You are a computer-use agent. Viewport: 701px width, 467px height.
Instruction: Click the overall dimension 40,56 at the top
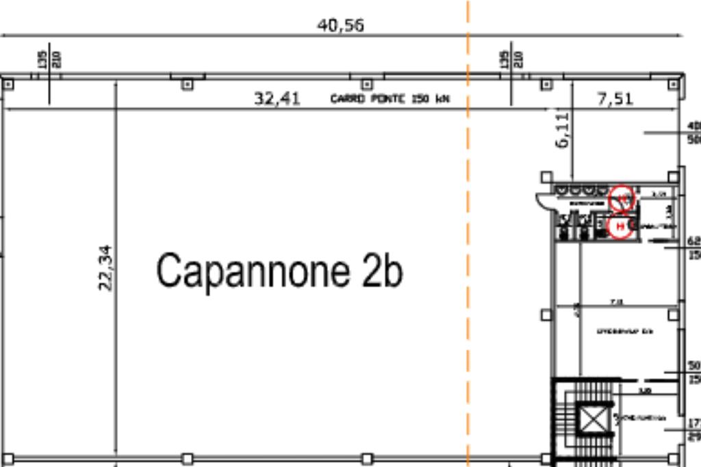(340, 25)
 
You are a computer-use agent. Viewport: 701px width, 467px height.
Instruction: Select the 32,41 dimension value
(277, 98)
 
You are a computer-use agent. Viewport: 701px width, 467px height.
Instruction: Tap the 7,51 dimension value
(615, 98)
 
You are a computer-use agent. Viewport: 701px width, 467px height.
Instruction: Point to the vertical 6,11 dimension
(563, 131)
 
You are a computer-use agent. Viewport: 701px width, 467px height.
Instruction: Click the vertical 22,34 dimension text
(105, 267)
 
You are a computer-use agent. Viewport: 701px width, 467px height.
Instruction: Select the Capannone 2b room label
(279, 270)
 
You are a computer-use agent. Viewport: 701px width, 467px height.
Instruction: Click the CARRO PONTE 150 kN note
(390, 99)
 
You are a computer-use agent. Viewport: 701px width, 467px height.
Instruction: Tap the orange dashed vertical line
(468, 273)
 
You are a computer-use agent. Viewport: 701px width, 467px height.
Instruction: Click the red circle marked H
(621, 226)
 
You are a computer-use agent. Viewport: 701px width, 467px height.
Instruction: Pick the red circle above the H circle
(622, 198)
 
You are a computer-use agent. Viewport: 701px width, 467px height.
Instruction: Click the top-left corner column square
(8, 84)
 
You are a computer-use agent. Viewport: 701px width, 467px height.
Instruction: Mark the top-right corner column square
(674, 84)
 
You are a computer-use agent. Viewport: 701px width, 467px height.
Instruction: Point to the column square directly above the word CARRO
(367, 84)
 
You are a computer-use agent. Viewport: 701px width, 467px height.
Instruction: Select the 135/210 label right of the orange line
(511, 59)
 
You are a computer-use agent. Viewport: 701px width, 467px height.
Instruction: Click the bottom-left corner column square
(8, 458)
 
